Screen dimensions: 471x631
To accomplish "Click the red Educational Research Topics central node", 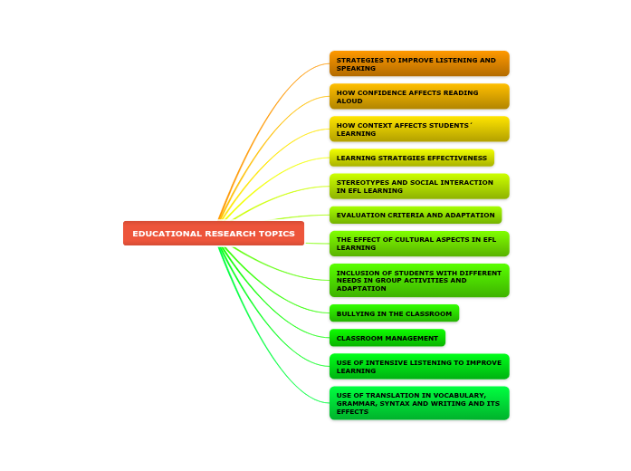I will click(214, 234).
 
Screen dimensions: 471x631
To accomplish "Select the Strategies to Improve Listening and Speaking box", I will click(419, 63).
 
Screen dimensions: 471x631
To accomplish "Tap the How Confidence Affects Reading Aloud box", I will click(419, 96).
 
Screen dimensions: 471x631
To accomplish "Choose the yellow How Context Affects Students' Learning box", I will click(419, 129).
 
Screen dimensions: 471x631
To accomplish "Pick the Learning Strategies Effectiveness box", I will click(412, 158).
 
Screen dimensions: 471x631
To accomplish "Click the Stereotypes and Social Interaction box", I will click(419, 186).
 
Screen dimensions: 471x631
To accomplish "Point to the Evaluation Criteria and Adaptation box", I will click(416, 215).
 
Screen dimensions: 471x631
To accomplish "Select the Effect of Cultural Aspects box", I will click(419, 244).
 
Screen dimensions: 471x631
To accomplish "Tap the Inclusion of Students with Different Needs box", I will click(419, 280).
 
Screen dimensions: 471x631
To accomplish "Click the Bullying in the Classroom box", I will click(394, 313).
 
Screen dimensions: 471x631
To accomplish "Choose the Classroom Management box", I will click(387, 338).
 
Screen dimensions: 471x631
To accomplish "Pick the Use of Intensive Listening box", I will click(419, 366).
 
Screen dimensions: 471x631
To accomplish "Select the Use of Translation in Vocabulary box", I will click(419, 403).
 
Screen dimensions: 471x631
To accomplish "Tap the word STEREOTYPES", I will click(361, 182).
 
